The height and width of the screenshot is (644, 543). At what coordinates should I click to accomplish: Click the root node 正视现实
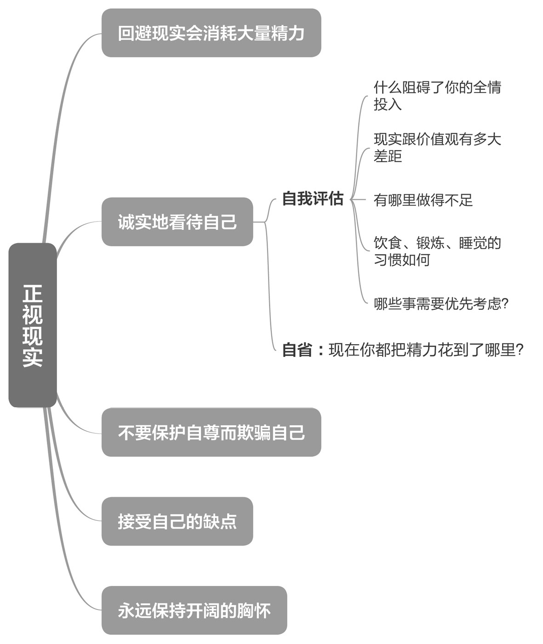click(32, 325)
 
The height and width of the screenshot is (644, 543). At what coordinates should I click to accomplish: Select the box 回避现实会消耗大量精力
click(211, 33)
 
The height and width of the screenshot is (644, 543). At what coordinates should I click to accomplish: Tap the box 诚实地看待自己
click(177, 222)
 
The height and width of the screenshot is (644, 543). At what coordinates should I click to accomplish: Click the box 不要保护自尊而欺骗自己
click(211, 432)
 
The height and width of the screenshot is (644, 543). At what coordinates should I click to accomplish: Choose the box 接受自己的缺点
click(177, 521)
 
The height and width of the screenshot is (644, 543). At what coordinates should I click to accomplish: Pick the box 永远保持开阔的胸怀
click(194, 610)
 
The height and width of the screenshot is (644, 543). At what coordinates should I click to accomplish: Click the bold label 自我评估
click(313, 199)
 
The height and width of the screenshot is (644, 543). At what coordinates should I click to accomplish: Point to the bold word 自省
click(297, 350)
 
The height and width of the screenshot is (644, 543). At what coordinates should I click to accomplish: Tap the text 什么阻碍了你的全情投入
click(437, 96)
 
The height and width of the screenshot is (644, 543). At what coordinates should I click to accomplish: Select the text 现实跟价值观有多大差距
click(437, 148)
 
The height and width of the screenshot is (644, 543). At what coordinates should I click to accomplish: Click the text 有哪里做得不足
click(423, 200)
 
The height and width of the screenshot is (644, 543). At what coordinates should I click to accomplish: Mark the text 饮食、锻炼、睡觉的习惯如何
click(437, 251)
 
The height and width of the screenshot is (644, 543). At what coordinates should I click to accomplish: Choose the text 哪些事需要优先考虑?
click(440, 303)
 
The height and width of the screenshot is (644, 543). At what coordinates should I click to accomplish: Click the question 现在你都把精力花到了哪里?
click(426, 350)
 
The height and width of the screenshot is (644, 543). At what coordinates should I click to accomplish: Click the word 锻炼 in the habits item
click(430, 243)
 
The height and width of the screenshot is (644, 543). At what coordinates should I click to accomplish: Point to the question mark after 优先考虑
click(505, 303)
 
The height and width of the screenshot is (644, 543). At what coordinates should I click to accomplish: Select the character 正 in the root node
click(32, 293)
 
